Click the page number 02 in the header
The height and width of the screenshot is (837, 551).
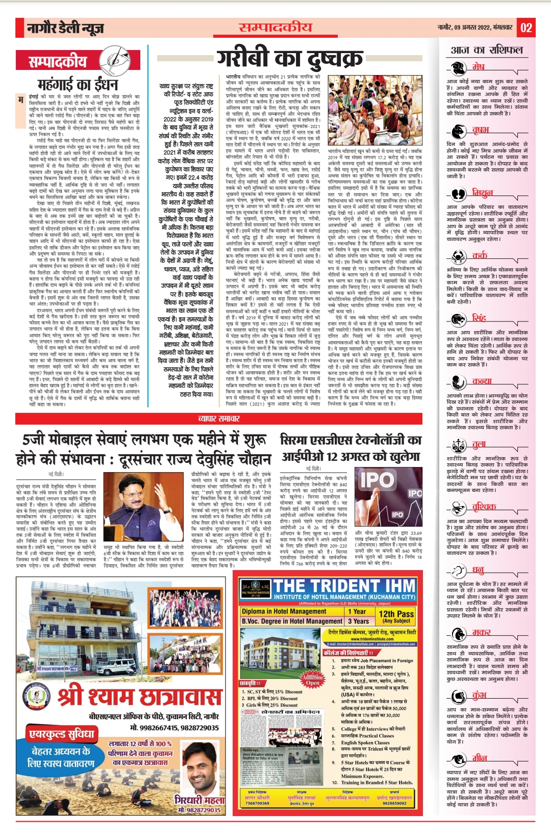pyautogui.click(x=527, y=28)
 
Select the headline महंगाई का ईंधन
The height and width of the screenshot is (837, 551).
pyautogui.click(x=78, y=84)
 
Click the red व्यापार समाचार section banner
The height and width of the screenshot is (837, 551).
pyautogui.click(x=218, y=418)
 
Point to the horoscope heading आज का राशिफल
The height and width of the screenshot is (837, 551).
pyautogui.click(x=487, y=50)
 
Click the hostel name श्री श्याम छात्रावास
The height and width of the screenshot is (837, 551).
pyautogui.click(x=139, y=697)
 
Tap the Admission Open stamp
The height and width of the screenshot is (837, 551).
pyautogui.click(x=312, y=679)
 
